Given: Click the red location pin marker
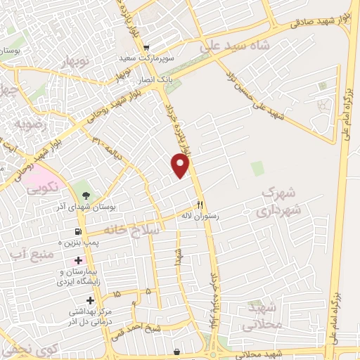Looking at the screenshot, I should (x=181, y=166).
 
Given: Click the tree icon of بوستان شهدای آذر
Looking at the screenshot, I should (x=86, y=195).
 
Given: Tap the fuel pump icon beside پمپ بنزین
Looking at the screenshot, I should (x=77, y=231).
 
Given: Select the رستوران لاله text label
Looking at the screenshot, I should (x=200, y=217).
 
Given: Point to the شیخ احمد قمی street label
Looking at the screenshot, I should (x=155, y=325).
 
